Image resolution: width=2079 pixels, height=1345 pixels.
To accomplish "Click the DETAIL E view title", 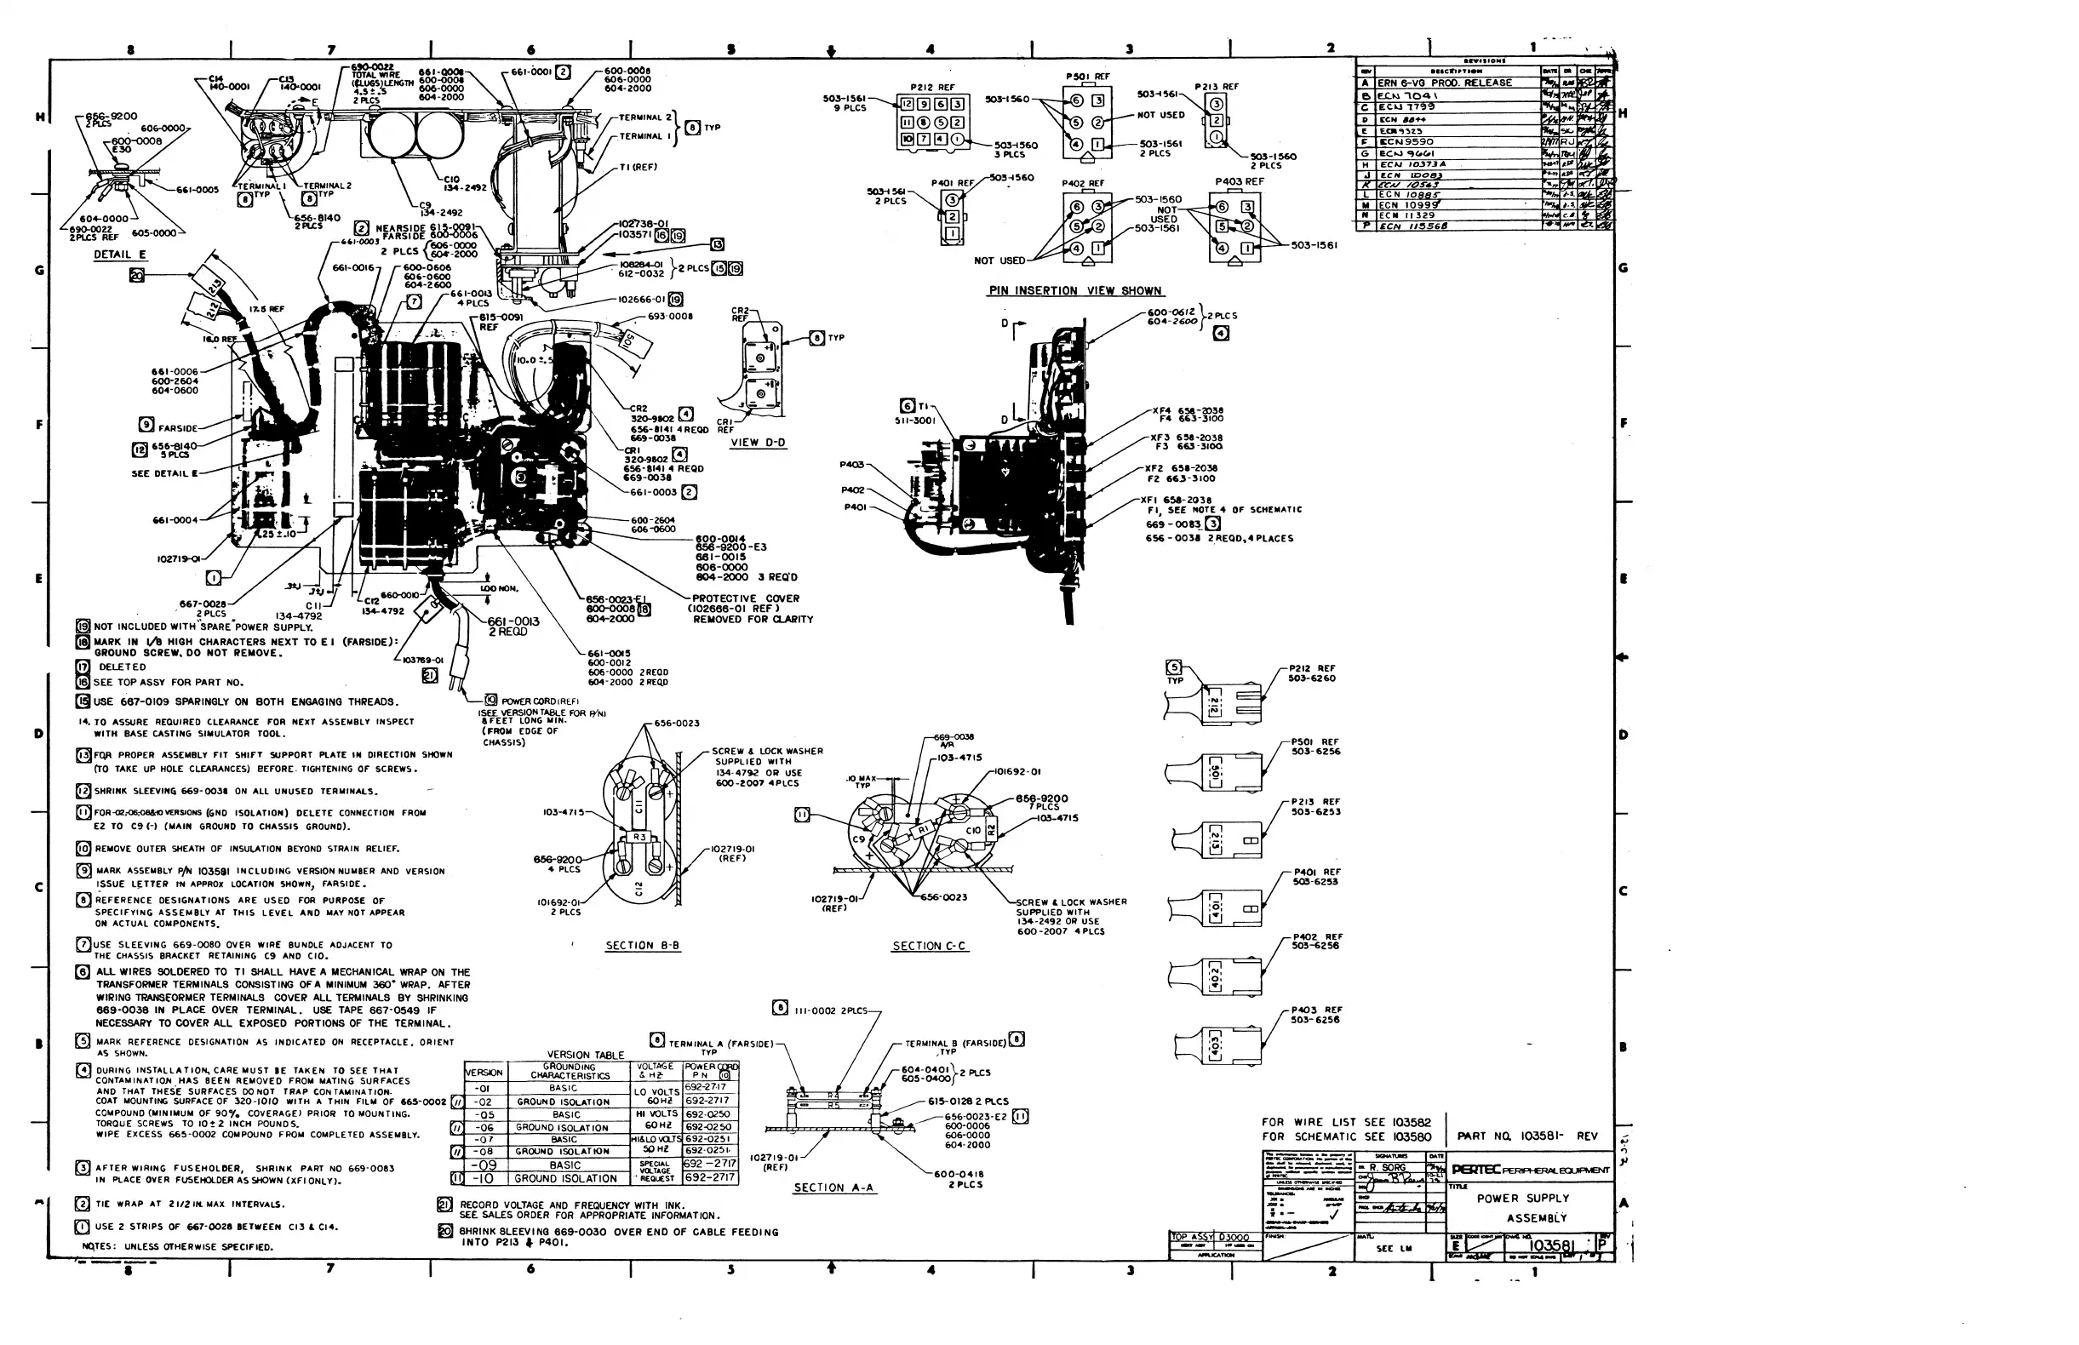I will click(x=121, y=255).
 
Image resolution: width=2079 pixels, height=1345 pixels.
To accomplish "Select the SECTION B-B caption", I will click(x=642, y=946).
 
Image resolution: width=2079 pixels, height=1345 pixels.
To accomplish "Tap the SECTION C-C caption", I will click(x=929, y=946).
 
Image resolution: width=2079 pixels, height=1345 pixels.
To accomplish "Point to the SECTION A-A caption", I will click(x=833, y=1188).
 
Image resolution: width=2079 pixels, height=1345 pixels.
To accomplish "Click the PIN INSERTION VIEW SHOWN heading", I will click(x=1074, y=291).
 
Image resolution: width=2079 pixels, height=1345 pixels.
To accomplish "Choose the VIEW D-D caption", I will click(x=759, y=443).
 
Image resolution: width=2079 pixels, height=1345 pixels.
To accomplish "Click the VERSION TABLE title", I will click(x=585, y=1055).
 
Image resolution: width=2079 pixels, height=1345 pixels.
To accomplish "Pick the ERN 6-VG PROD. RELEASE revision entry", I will click(x=1444, y=83).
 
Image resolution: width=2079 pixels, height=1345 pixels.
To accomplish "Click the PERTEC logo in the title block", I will click(x=1476, y=1170).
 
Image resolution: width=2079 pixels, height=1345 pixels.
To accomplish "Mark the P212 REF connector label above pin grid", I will click(x=932, y=88).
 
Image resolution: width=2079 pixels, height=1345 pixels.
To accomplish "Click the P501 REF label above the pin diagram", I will click(x=1087, y=77).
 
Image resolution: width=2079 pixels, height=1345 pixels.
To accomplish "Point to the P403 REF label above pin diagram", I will click(x=1239, y=181).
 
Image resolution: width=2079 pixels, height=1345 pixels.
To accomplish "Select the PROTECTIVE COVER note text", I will click(x=745, y=598).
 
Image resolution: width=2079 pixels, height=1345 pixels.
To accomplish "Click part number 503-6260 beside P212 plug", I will click(x=1311, y=678).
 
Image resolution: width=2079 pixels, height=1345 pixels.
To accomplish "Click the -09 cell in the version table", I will click(x=484, y=1165).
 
